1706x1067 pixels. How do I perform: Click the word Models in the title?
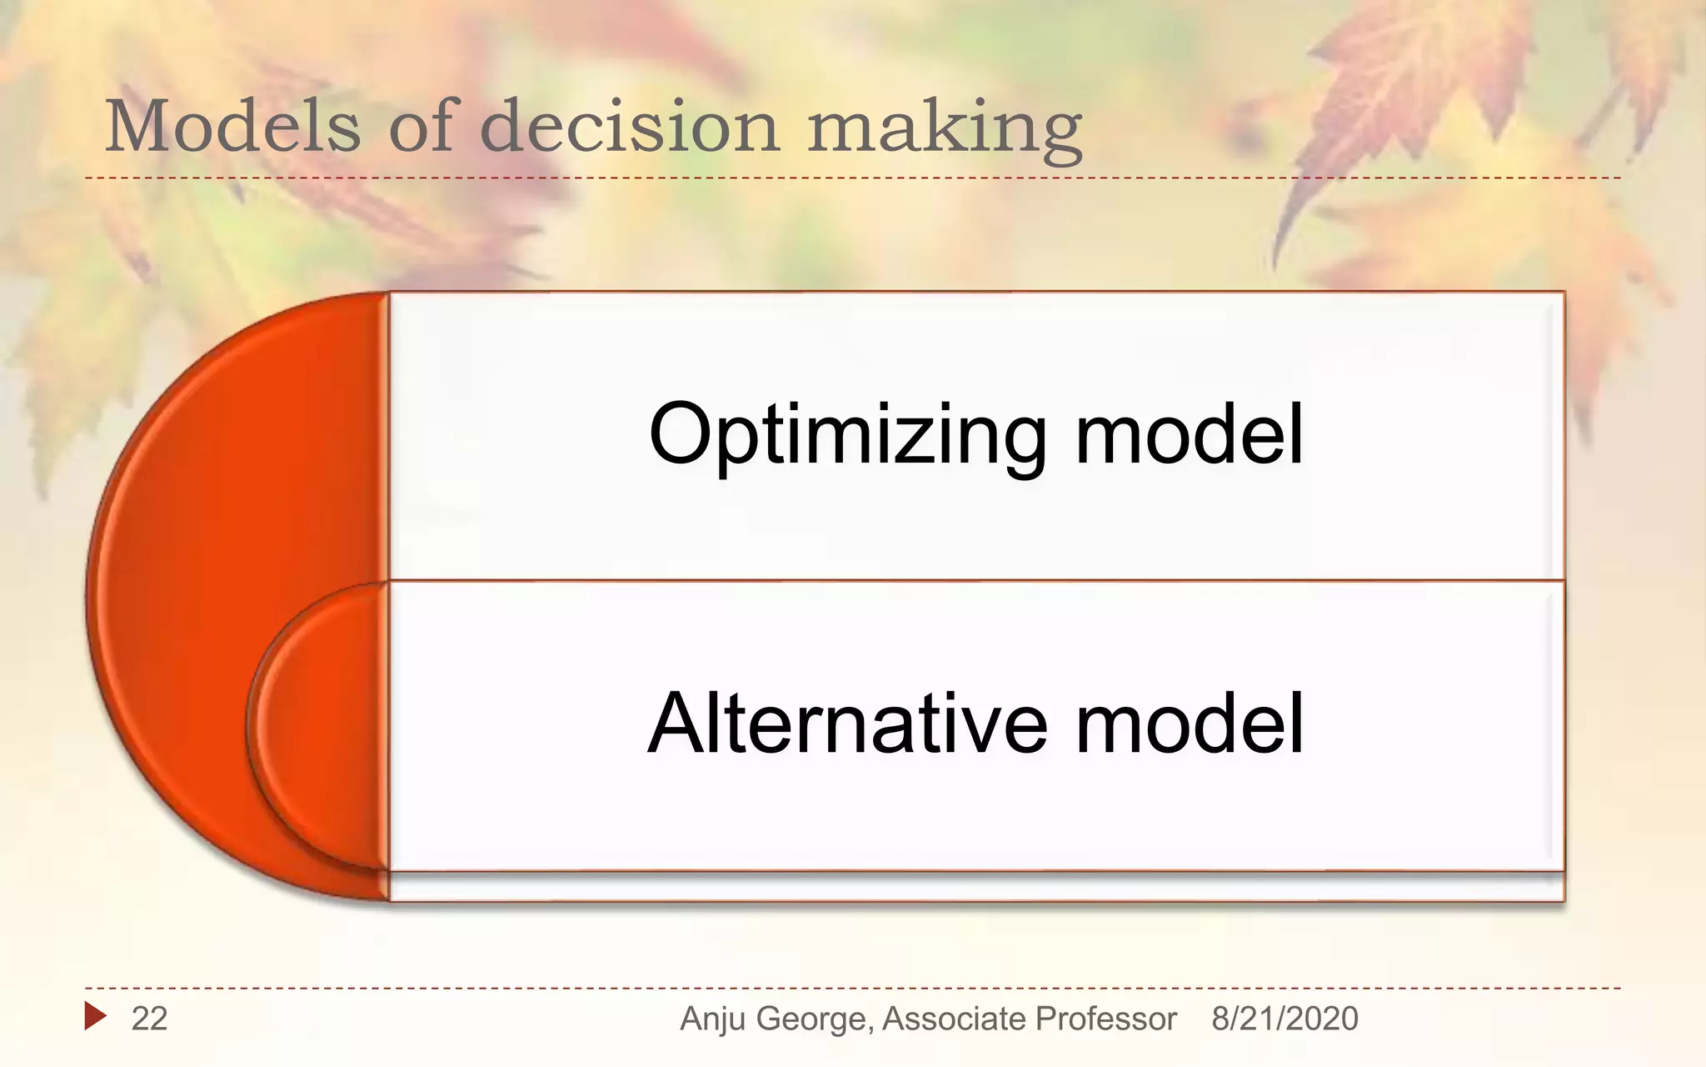(x=232, y=126)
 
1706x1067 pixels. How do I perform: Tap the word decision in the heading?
(x=630, y=126)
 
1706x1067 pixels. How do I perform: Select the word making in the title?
(x=945, y=129)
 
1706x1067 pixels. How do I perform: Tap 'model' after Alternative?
(x=1189, y=724)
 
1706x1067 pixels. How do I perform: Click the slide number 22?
(x=149, y=1019)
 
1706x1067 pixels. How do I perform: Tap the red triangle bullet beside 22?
(x=95, y=1016)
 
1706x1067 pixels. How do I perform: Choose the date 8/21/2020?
(x=1284, y=1019)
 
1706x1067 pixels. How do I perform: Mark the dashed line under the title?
(x=833, y=178)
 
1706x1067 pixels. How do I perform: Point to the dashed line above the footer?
(x=833, y=989)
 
